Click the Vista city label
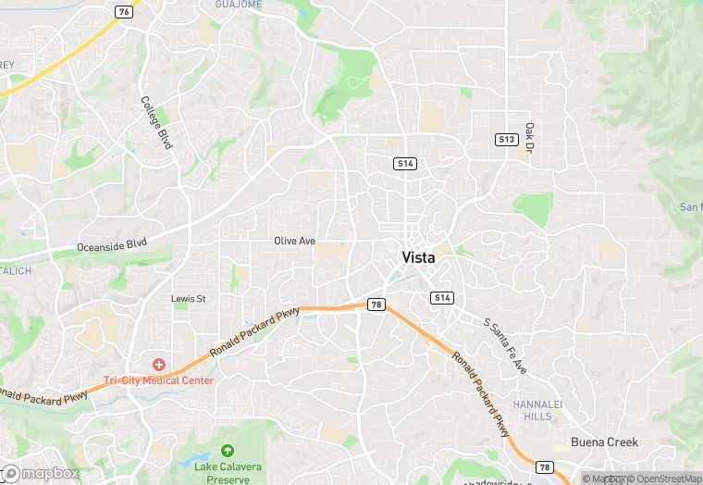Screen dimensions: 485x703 [418, 257]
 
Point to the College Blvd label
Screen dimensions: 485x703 [156, 123]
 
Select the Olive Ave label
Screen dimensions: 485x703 [294, 241]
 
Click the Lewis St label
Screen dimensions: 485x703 [188, 299]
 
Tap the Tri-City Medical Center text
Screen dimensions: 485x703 [159, 380]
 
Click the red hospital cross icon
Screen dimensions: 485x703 [159, 366]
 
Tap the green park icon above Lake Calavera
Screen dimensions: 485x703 [227, 452]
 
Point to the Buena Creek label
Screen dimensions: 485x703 [604, 442]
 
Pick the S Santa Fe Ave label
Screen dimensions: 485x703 [505, 345]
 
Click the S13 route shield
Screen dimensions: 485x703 [505, 139]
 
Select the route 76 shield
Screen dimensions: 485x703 [124, 11]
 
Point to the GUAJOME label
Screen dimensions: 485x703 [238, 5]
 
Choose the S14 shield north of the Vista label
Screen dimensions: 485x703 [404, 164]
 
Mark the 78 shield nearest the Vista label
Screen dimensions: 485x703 [376, 304]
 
